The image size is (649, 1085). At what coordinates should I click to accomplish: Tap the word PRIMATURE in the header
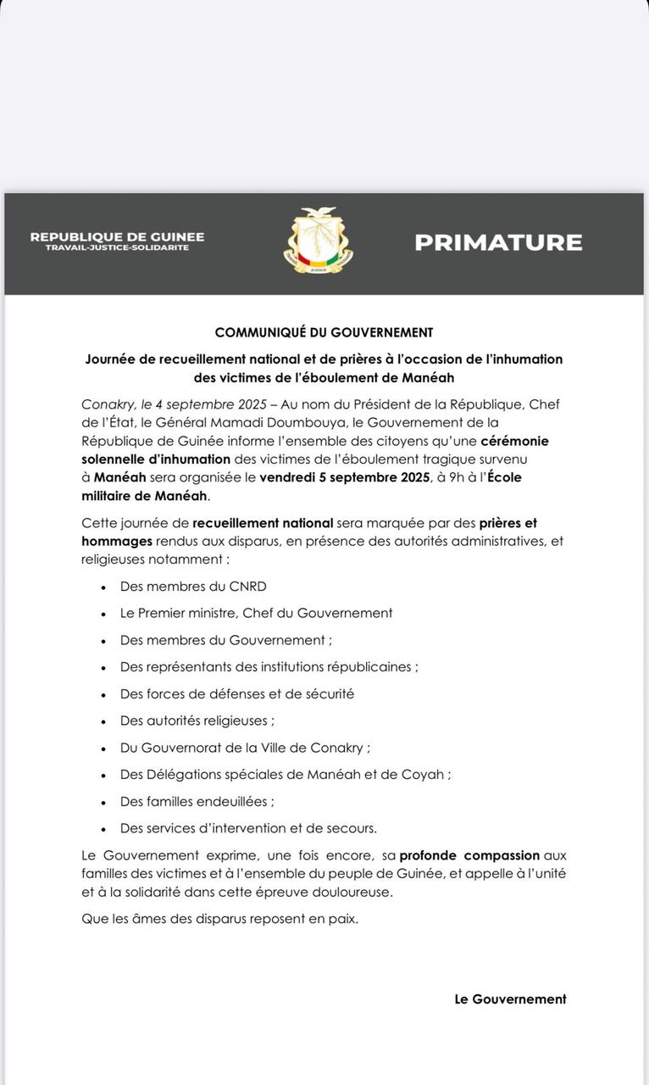click(498, 242)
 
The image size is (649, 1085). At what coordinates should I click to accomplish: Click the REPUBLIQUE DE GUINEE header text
click(117, 237)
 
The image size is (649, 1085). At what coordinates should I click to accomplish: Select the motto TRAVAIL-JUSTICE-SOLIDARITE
click(117, 248)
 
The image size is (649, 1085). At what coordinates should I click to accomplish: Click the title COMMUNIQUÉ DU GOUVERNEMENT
click(324, 332)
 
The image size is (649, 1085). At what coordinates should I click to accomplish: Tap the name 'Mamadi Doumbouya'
click(331, 422)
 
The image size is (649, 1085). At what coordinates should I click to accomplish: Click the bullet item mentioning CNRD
click(194, 586)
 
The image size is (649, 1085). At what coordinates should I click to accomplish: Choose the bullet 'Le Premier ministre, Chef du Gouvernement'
click(256, 613)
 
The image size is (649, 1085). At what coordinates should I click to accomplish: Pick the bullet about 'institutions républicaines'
click(269, 666)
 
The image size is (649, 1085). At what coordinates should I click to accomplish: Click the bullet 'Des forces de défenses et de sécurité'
click(237, 693)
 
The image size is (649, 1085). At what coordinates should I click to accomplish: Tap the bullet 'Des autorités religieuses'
click(197, 721)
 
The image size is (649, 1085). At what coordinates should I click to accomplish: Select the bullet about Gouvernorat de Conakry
click(246, 748)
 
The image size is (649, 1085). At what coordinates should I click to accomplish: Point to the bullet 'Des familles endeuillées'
click(197, 801)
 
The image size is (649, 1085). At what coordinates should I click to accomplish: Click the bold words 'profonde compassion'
click(469, 857)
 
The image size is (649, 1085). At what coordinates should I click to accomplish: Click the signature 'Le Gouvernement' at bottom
click(510, 999)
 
